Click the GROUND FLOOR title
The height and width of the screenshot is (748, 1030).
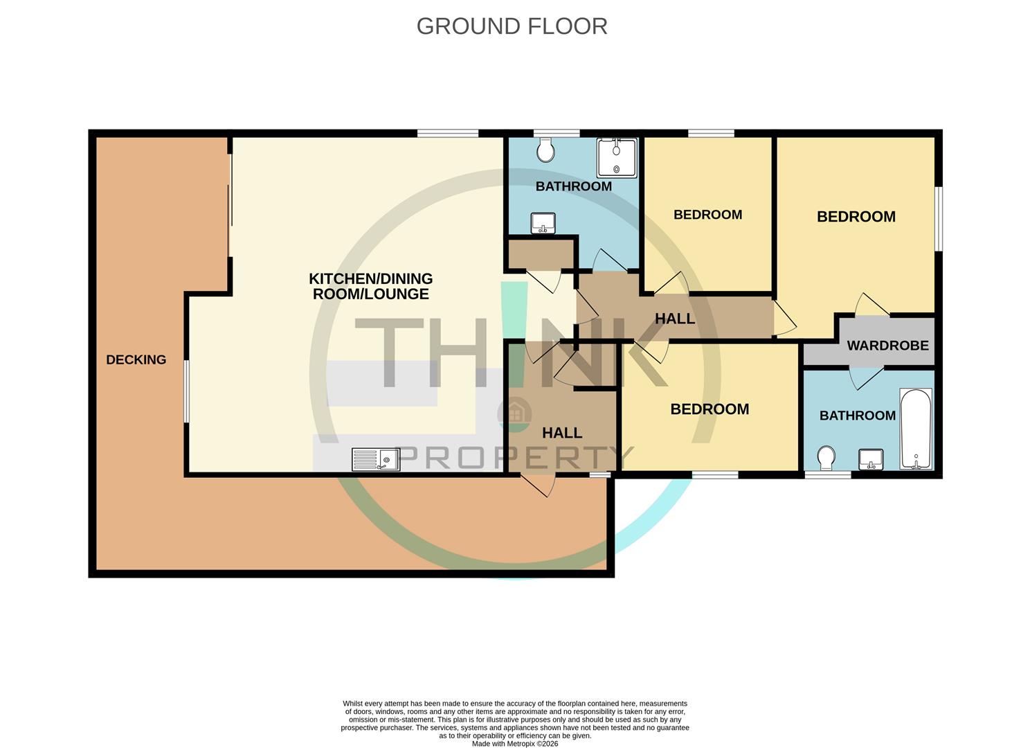click(x=512, y=26)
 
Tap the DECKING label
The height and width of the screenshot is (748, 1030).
click(x=136, y=359)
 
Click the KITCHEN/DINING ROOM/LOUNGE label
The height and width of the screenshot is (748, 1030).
click(x=370, y=286)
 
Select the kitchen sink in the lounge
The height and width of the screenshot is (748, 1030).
click(x=376, y=459)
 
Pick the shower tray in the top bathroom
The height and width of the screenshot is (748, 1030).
click(x=616, y=157)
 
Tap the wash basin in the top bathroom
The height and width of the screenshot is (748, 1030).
click(x=543, y=224)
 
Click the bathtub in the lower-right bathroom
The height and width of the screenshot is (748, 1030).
click(x=916, y=429)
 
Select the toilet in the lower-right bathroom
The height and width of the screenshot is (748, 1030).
click(x=825, y=458)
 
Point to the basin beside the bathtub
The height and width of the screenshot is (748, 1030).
click(x=871, y=459)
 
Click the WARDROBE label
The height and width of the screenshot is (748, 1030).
click(x=887, y=345)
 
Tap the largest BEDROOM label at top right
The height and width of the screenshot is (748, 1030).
click(x=856, y=217)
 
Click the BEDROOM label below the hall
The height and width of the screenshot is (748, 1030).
click(x=710, y=409)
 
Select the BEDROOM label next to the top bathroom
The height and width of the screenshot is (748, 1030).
click(x=707, y=215)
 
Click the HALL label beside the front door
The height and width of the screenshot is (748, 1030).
click(x=561, y=433)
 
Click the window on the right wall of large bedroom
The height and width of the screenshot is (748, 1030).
click(x=938, y=218)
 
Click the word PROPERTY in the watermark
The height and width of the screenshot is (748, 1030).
click(x=516, y=458)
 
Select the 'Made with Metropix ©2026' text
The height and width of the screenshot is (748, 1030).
click(x=514, y=744)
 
